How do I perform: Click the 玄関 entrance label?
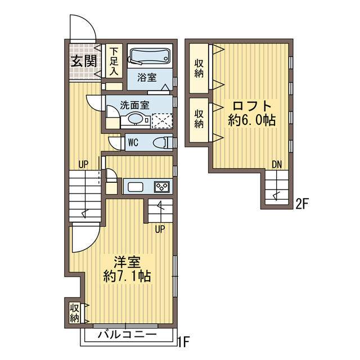tap(82, 61)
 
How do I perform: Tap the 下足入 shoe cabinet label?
tap(114, 61)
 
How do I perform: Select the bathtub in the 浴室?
tap(149, 56)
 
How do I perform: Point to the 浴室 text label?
tap(147, 78)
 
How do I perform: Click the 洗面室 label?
tap(134, 105)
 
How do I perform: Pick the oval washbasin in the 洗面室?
tap(134, 119)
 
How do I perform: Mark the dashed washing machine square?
tap(162, 121)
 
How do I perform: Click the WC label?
tap(133, 142)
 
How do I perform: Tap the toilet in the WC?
tap(163, 142)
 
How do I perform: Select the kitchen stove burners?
tap(163, 187)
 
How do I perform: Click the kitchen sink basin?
tap(136, 187)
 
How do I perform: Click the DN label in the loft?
tap(276, 165)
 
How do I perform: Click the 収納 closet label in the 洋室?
tap(74, 313)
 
